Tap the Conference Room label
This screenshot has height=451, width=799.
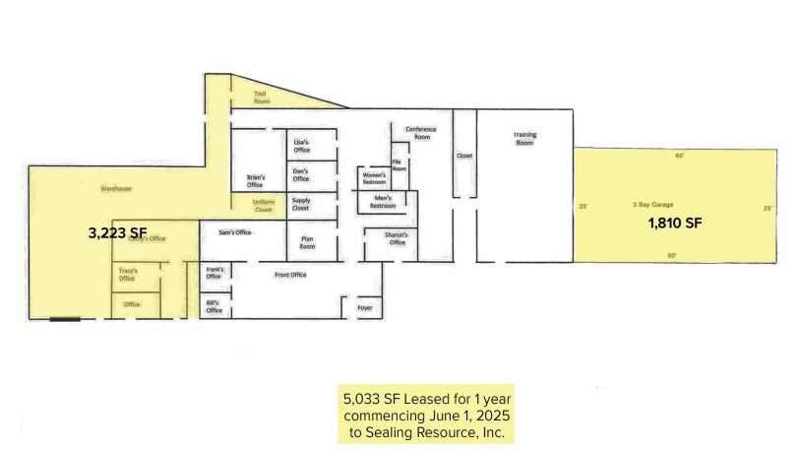click(420, 133)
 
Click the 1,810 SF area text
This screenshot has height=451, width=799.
click(674, 224)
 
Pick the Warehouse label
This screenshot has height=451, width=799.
click(116, 187)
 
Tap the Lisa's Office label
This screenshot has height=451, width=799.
click(301, 146)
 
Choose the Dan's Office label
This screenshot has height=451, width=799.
click(301, 175)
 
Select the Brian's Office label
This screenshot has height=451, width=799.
click(255, 181)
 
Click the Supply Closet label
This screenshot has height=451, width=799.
click(301, 205)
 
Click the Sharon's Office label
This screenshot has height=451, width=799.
click(397, 239)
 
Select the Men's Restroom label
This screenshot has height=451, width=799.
click(383, 201)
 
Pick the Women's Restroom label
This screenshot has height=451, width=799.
click(374, 179)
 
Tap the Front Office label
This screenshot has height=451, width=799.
click(290, 275)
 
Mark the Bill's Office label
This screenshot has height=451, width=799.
click(214, 307)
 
